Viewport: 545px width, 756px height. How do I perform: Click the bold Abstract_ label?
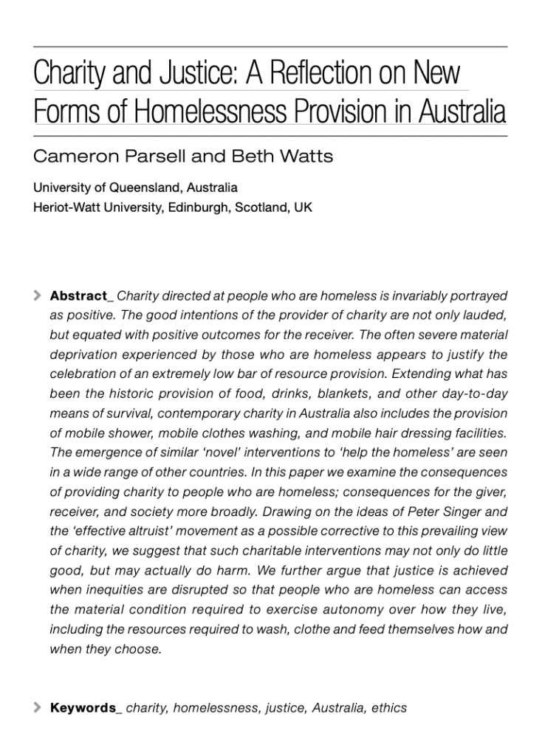point(81,296)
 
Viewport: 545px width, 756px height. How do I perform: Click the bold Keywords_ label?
point(86,708)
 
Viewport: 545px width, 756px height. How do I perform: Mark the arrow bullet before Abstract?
point(38,296)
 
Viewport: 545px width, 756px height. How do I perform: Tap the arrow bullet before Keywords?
point(38,708)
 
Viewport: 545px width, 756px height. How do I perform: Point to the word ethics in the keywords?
point(389,708)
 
